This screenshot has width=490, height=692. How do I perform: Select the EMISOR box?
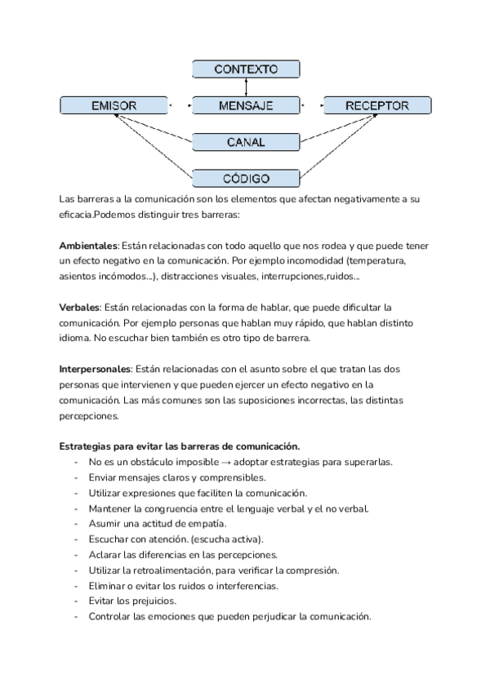coord(114,105)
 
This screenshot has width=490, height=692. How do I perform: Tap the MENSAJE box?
coord(246,105)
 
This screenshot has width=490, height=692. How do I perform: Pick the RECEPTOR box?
coord(376,105)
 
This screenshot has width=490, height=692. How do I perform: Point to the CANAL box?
coord(246,142)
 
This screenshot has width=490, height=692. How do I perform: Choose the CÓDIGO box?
coord(246,178)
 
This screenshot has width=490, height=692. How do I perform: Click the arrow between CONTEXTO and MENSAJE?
coord(246,87)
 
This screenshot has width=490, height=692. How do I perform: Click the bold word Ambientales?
coord(89,246)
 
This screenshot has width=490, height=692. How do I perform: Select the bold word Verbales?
coord(79,307)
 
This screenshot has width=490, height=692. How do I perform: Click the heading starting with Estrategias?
coord(180,446)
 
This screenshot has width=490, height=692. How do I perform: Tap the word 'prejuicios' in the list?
coord(151,601)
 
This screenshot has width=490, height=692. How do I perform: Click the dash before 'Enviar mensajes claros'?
coord(76,477)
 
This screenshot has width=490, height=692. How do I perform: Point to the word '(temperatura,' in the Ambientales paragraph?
coord(376,261)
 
